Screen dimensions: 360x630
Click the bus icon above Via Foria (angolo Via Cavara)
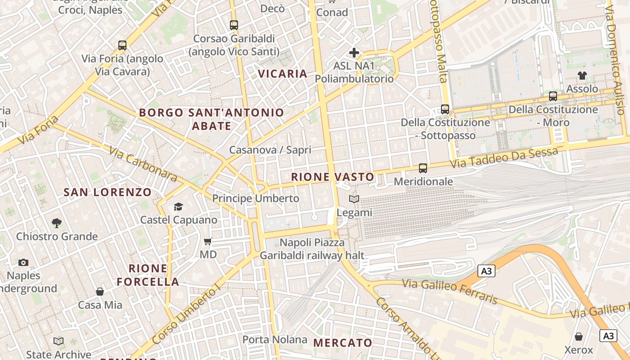[x=122, y=45]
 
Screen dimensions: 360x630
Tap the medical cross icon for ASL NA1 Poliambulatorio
[x=354, y=53]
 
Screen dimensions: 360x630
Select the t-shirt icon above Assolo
[x=582, y=75]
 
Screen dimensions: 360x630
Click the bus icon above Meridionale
[x=423, y=168]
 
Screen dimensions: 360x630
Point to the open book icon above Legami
[x=354, y=199]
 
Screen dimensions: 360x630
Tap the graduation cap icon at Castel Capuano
[x=179, y=207]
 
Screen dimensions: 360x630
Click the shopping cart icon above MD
[x=208, y=242]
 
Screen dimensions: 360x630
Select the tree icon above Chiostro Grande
[x=57, y=223]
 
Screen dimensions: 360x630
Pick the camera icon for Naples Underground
[x=23, y=262]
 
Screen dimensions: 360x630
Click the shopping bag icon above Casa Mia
[x=100, y=292]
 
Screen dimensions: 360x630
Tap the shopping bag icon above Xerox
[x=579, y=337]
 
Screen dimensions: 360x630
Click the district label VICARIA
[x=283, y=74]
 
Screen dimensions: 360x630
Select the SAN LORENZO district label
[x=108, y=193]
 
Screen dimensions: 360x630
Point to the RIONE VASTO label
[x=333, y=177]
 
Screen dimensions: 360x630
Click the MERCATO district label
[x=343, y=343]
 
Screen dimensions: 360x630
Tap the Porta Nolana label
[x=275, y=339]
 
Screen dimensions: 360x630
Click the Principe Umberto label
[x=256, y=198]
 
